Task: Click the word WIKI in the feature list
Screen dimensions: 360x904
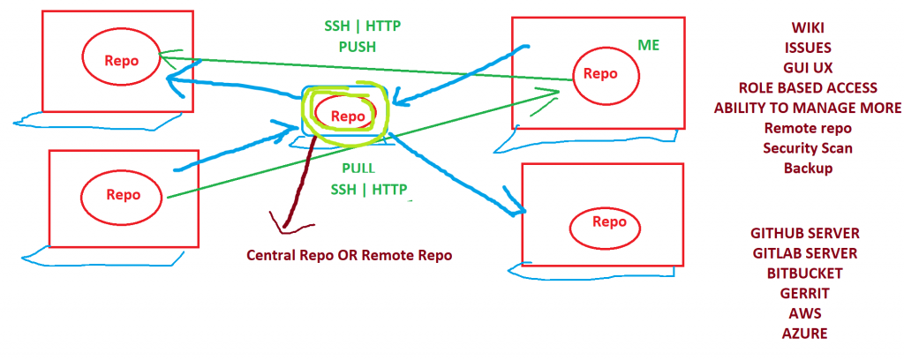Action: click(x=808, y=27)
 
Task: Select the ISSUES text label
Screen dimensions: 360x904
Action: click(x=808, y=48)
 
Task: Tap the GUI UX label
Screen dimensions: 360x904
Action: click(x=808, y=68)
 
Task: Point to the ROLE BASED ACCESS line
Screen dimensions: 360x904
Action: click(x=808, y=88)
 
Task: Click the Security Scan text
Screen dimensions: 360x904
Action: click(x=808, y=148)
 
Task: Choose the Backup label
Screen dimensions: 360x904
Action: click(x=808, y=169)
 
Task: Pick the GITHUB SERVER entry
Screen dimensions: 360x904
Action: click(x=804, y=234)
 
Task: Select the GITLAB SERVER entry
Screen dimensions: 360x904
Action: click(x=804, y=253)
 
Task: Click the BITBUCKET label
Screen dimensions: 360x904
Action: click(x=804, y=274)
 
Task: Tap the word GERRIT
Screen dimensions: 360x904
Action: click(x=804, y=293)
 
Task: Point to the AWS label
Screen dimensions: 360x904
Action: click(x=804, y=313)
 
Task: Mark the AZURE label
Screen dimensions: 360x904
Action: click(x=804, y=334)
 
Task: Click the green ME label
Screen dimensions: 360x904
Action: click(x=648, y=45)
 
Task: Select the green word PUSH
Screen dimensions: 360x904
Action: click(x=358, y=47)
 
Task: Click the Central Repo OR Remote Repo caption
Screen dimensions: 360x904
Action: click(x=349, y=256)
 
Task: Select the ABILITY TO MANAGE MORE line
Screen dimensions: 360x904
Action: click(x=808, y=109)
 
